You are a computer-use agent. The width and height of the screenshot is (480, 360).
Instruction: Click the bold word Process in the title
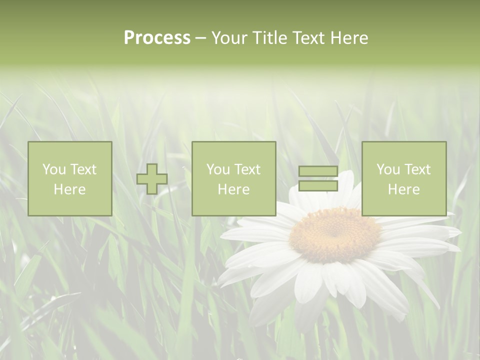157,37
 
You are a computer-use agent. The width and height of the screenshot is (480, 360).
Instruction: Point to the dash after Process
201,38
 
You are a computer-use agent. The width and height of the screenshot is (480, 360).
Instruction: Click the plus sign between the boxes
152,179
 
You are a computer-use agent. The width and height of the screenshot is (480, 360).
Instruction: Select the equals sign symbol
318,178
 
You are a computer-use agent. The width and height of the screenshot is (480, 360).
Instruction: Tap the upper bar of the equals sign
318,171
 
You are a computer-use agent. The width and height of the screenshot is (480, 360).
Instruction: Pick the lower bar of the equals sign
318,186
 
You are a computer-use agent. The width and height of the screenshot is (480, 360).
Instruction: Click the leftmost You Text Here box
69,178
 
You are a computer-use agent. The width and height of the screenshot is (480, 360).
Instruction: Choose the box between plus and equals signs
233,178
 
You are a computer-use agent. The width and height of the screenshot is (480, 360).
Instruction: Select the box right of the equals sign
403,178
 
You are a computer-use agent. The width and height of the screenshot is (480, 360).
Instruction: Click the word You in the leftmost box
53,169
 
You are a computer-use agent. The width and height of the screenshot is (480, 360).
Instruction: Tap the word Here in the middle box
233,189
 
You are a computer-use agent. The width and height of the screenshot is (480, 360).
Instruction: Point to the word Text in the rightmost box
417,169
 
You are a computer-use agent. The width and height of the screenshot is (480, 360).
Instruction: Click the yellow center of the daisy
335,235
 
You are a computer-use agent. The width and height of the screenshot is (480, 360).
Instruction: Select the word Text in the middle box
247,169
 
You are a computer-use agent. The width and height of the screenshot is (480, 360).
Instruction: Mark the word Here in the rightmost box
403,189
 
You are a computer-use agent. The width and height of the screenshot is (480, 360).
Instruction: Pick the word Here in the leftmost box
69,189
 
